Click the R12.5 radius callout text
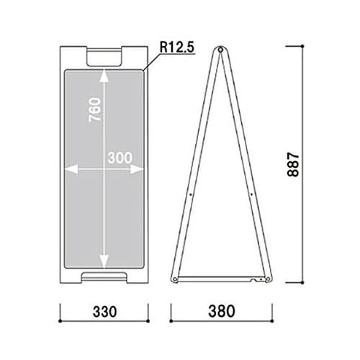(177, 48)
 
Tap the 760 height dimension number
(95, 109)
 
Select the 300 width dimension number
(120, 158)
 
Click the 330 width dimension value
(105, 312)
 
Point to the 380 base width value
(222, 311)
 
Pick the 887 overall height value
(293, 164)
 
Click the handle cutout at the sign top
(104, 58)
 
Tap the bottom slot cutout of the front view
(104, 276)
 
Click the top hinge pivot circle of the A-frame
(220, 50)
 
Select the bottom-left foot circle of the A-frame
(175, 279)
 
